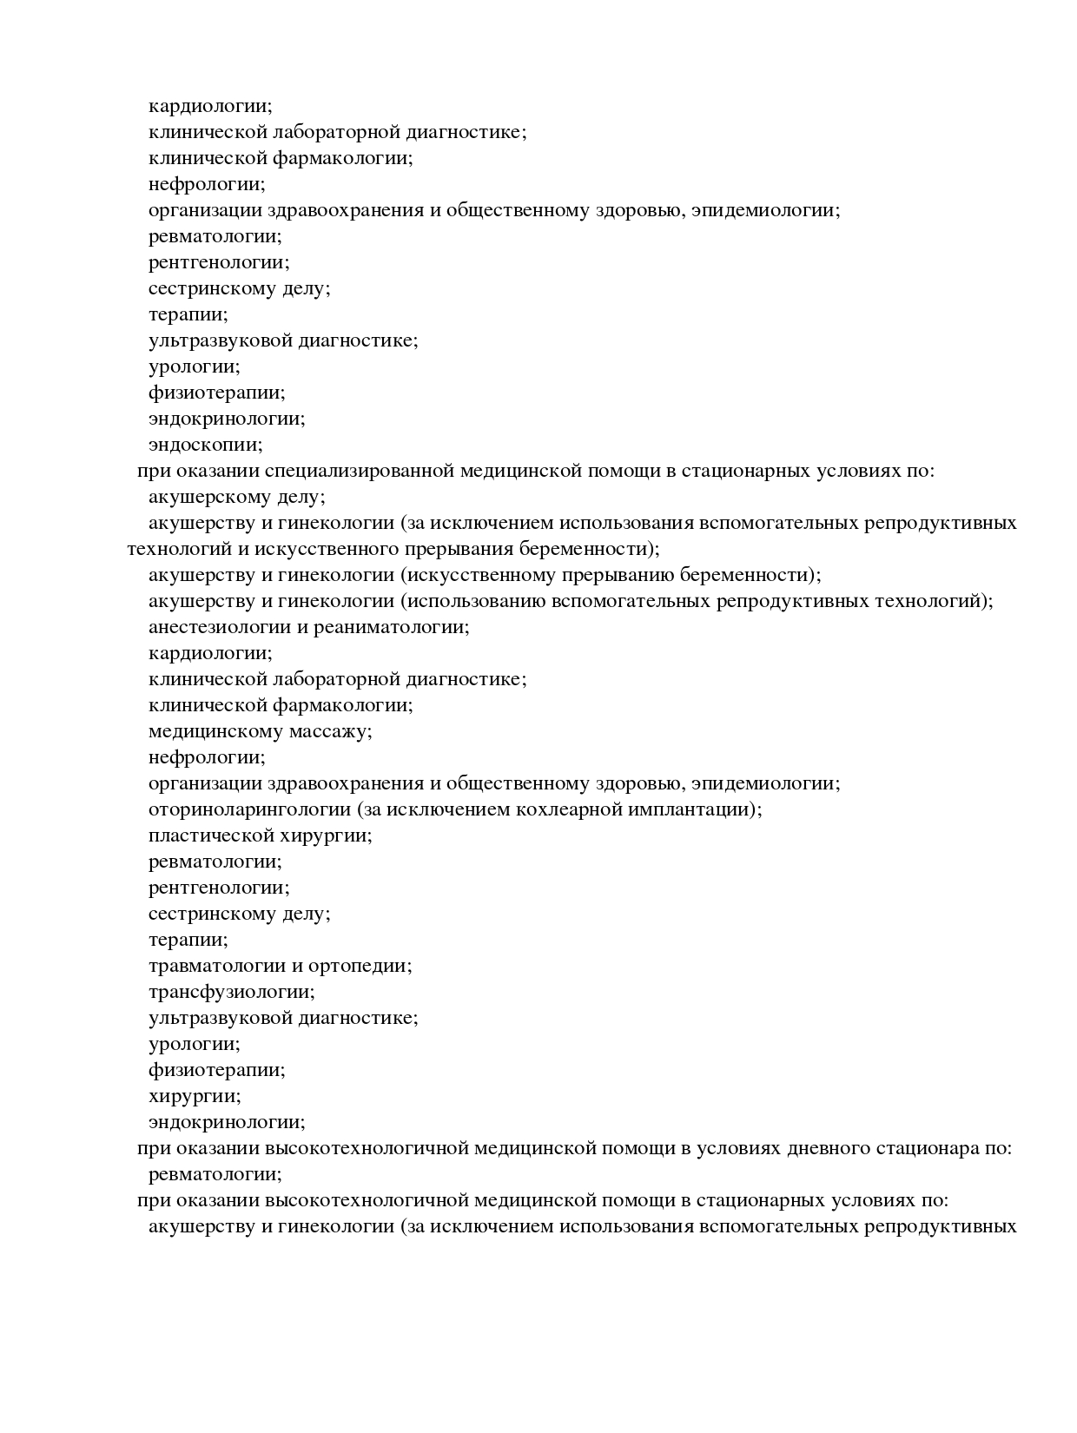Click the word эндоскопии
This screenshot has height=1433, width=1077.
click(x=205, y=446)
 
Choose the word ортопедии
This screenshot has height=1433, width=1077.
click(x=361, y=967)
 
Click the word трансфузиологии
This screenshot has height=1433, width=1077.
click(x=231, y=992)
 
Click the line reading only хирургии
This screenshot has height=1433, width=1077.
click(x=195, y=1096)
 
